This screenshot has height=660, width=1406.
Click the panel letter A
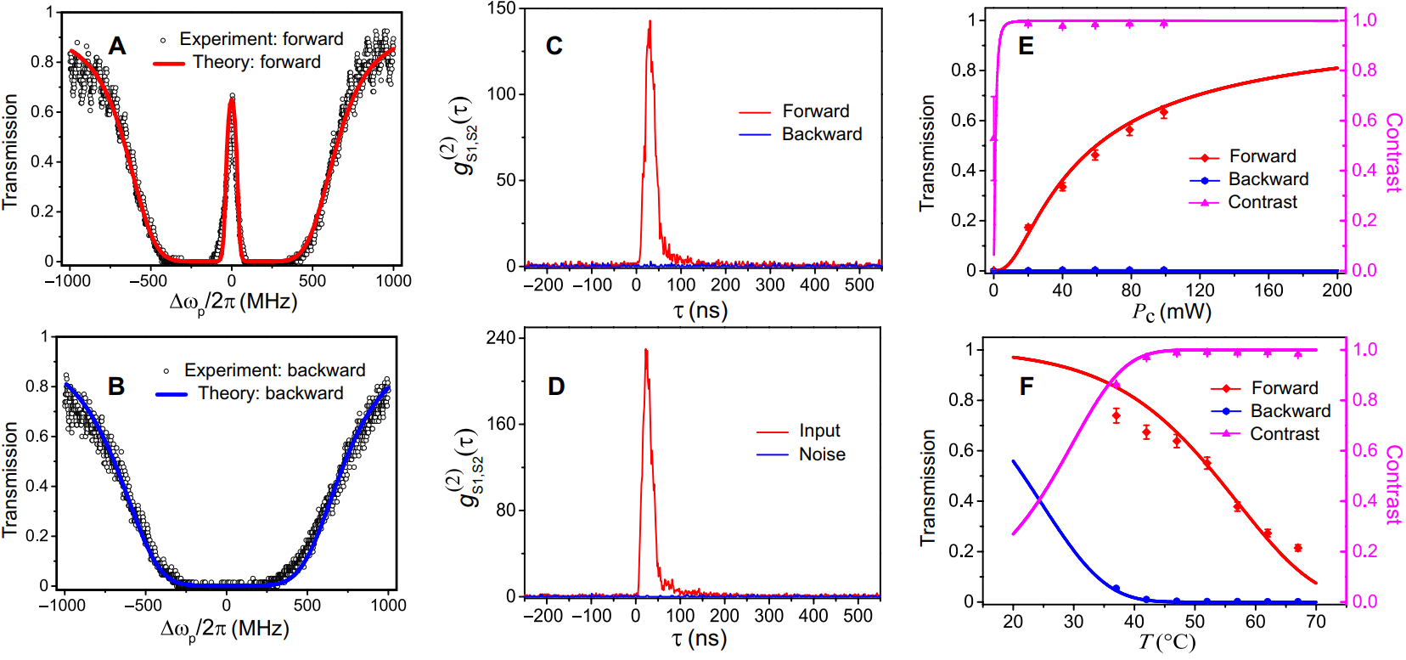click(x=117, y=46)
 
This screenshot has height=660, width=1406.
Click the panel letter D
click(x=556, y=387)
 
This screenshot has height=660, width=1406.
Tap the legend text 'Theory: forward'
click(x=256, y=62)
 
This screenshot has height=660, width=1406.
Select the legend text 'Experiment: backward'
click(x=274, y=370)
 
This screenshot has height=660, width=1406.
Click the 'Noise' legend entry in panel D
click(x=821, y=454)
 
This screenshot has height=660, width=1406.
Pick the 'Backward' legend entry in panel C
click(x=821, y=134)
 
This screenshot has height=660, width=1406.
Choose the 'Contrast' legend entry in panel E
click(x=1262, y=202)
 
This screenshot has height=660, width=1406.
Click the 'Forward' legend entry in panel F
click(x=1284, y=388)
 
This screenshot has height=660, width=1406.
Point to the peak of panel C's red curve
click(x=650, y=22)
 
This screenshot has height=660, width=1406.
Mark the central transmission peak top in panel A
click(x=232, y=99)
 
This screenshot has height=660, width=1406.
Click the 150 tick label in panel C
click(x=502, y=8)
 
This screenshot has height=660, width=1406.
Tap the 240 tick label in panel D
click(x=501, y=338)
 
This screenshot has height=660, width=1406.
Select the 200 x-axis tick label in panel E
click(x=1336, y=291)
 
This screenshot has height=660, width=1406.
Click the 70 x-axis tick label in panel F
click(x=1315, y=622)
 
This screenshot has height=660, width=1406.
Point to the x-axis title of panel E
click(x=1171, y=312)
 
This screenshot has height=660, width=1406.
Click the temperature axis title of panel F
click(x=1167, y=642)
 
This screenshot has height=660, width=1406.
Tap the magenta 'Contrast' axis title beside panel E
click(x=1393, y=153)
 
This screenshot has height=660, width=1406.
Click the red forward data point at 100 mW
click(x=1163, y=112)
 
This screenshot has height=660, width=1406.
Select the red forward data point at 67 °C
click(x=1297, y=548)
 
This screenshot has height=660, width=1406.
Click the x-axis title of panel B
click(x=225, y=629)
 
